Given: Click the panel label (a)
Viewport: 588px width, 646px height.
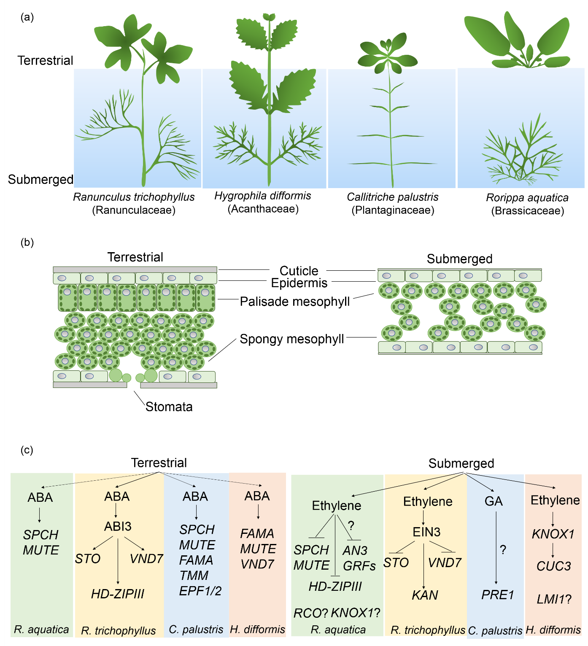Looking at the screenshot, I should pyautogui.click(x=27, y=17).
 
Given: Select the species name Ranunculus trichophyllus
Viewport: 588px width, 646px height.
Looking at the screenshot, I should pyautogui.click(x=134, y=197).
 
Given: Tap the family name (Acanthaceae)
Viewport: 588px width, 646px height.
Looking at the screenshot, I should pyautogui.click(x=263, y=209).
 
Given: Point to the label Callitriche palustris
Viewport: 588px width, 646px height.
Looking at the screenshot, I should pyautogui.click(x=392, y=197).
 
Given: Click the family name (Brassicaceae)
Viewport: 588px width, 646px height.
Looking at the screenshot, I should pyautogui.click(x=527, y=211).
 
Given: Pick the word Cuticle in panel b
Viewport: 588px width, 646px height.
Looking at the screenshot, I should pyautogui.click(x=299, y=271).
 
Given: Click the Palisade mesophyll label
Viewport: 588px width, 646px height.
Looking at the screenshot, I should pyautogui.click(x=295, y=301).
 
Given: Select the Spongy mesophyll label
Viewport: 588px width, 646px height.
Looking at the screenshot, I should pyautogui.click(x=292, y=339).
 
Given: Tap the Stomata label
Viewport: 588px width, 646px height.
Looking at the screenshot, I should pyautogui.click(x=169, y=406).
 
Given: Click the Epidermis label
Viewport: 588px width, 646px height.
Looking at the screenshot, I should pyautogui.click(x=299, y=283).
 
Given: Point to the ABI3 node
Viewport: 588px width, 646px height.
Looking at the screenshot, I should pyautogui.click(x=118, y=526).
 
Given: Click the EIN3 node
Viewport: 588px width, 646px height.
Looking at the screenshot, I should pyautogui.click(x=426, y=532).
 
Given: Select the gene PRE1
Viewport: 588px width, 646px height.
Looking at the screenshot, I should pyautogui.click(x=498, y=595).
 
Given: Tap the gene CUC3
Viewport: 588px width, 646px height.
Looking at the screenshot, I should pyautogui.click(x=553, y=566).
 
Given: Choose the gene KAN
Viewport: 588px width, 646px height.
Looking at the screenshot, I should pyautogui.click(x=425, y=595).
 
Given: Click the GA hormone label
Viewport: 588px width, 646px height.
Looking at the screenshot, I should pyautogui.click(x=494, y=501).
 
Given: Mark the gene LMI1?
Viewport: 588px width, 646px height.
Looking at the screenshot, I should pyautogui.click(x=554, y=599).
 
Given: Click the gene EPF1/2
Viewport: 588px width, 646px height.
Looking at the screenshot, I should pyautogui.click(x=200, y=591).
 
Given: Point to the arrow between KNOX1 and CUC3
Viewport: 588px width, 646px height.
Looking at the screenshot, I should pyautogui.click(x=553, y=550).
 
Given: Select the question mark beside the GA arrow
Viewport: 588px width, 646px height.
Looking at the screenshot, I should pyautogui.click(x=503, y=549).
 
